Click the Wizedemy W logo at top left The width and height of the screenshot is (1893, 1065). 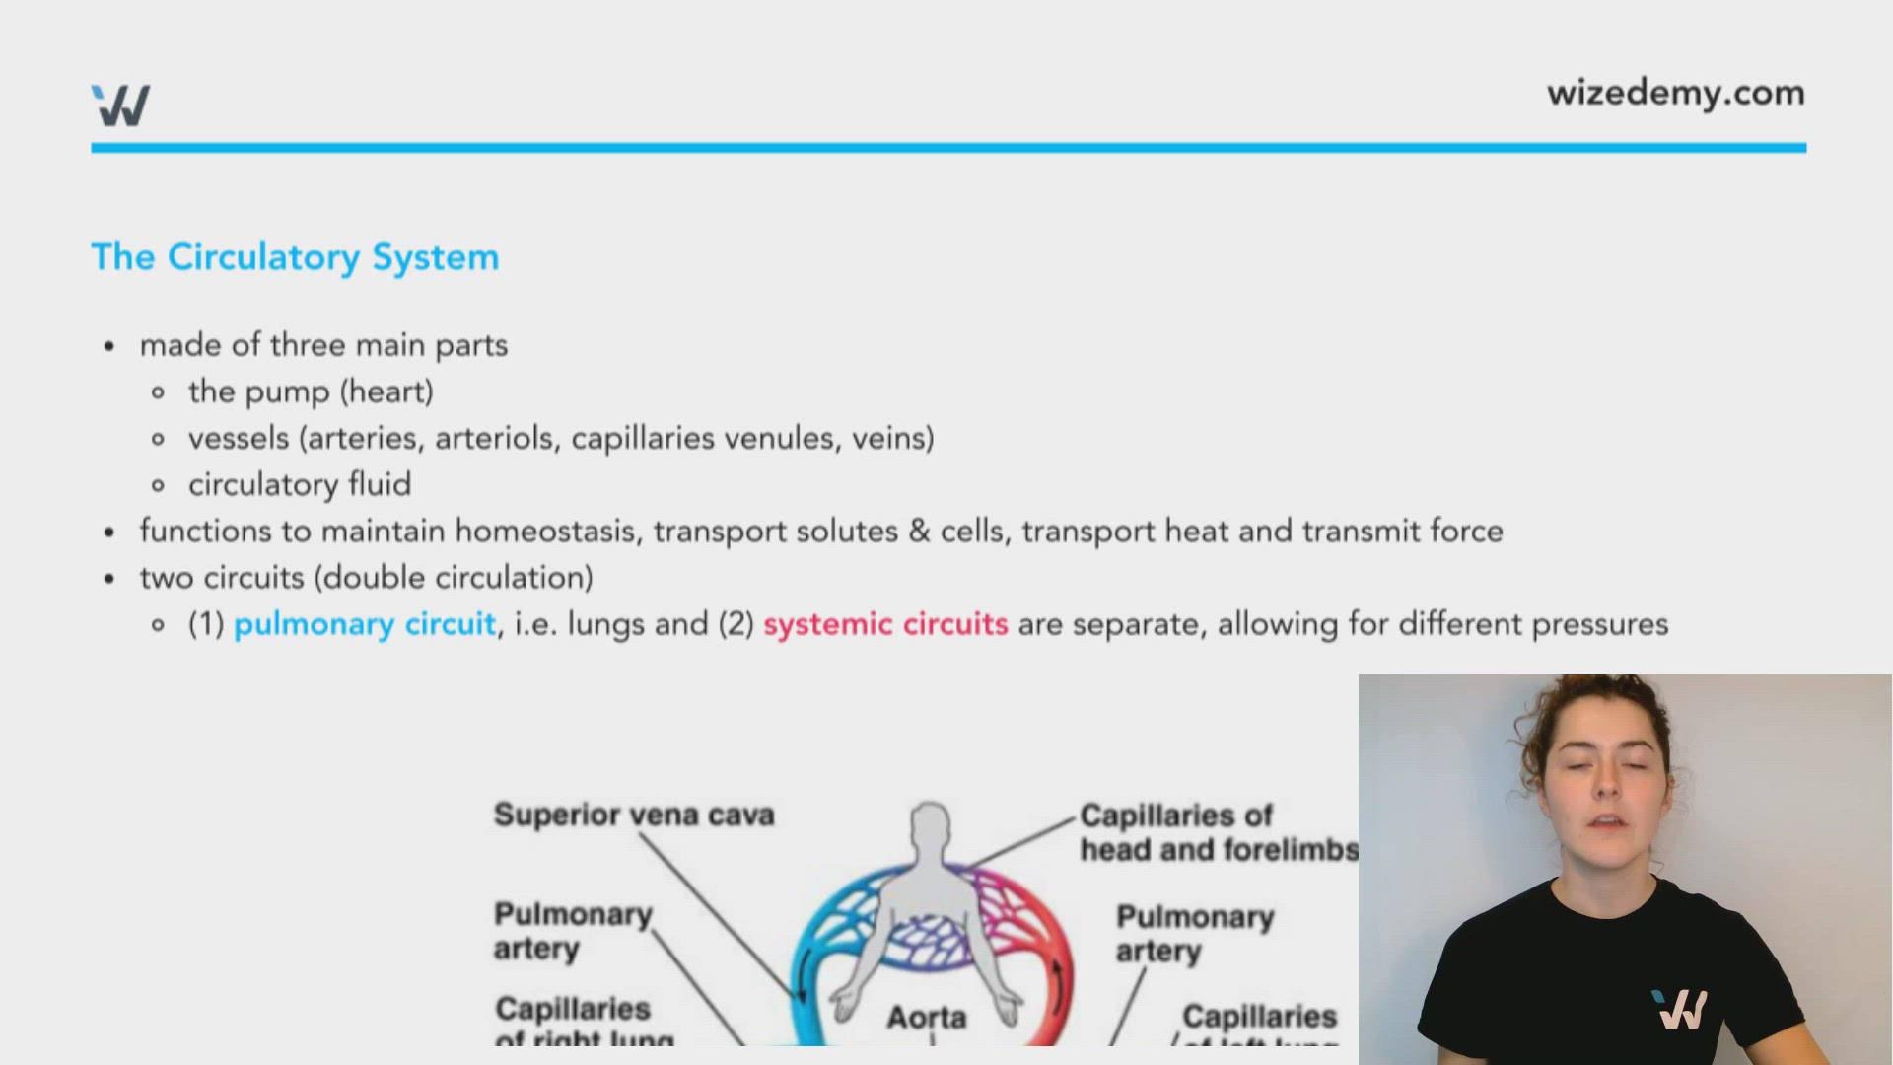tap(120, 105)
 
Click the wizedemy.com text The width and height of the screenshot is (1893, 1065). tap(1675, 93)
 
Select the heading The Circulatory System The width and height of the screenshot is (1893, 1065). tap(295, 257)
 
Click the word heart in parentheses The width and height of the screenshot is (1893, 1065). tap(386, 391)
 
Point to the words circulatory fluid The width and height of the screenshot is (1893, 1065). tap(300, 484)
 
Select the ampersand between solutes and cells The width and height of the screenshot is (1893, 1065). tap(919, 532)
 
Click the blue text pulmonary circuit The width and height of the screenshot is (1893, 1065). tap(365, 624)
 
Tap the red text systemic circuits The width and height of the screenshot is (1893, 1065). tap(885, 624)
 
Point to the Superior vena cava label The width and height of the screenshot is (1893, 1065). tap(634, 815)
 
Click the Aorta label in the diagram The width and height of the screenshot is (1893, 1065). tap(926, 1017)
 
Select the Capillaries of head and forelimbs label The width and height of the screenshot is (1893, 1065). tap(1219, 832)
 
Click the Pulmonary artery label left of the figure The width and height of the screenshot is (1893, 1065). tap(572, 930)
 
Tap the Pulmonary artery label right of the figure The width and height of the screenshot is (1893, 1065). tap(1194, 933)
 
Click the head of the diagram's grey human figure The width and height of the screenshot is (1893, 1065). tap(930, 825)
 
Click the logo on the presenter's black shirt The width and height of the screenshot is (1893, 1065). tap(1682, 1010)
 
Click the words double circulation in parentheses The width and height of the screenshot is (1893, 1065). tap(454, 578)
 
